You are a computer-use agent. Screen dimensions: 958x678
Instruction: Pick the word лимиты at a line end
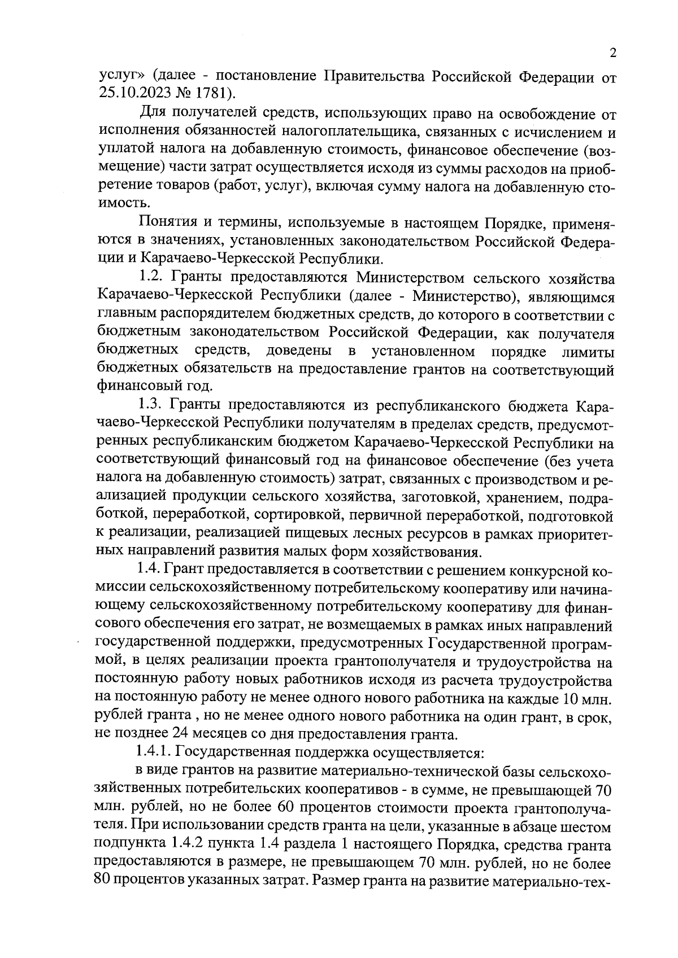tap(588, 352)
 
